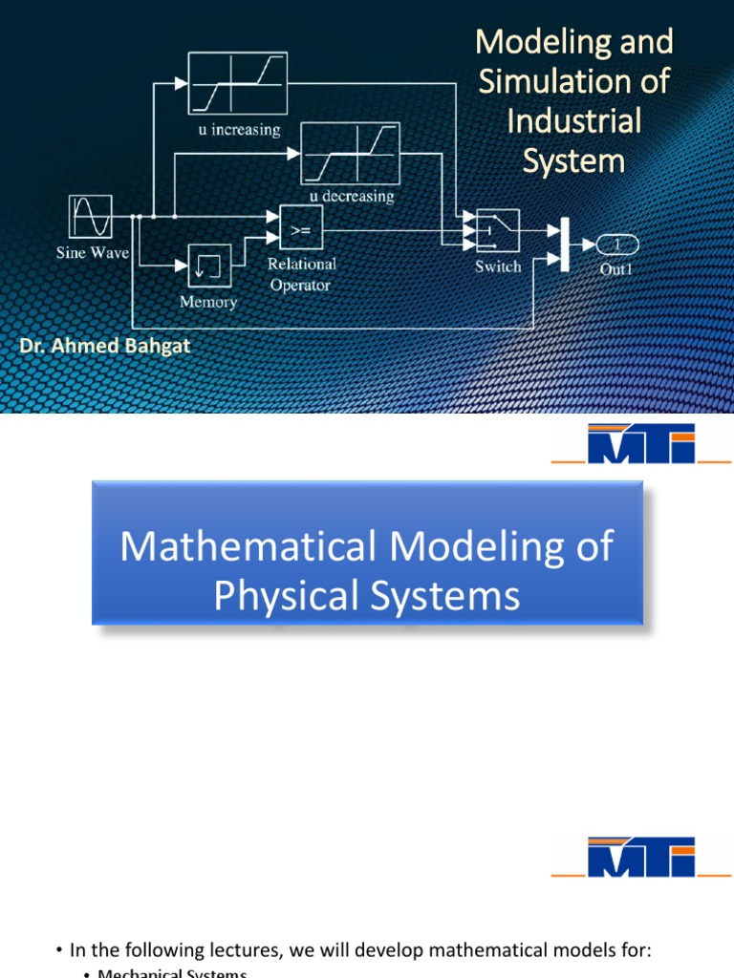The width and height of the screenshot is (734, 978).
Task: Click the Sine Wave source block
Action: click(x=91, y=217)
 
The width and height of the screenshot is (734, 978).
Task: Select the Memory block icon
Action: click(x=208, y=266)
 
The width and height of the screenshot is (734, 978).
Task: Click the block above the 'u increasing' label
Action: click(x=237, y=84)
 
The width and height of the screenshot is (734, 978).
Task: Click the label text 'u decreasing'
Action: click(x=350, y=196)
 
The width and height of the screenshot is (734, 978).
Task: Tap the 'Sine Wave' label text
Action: click(x=91, y=254)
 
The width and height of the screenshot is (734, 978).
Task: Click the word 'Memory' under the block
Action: click(x=208, y=302)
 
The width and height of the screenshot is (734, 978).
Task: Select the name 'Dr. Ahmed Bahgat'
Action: click(x=105, y=346)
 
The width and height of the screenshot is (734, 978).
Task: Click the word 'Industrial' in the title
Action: click(x=573, y=121)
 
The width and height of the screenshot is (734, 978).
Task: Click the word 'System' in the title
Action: click(x=573, y=160)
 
